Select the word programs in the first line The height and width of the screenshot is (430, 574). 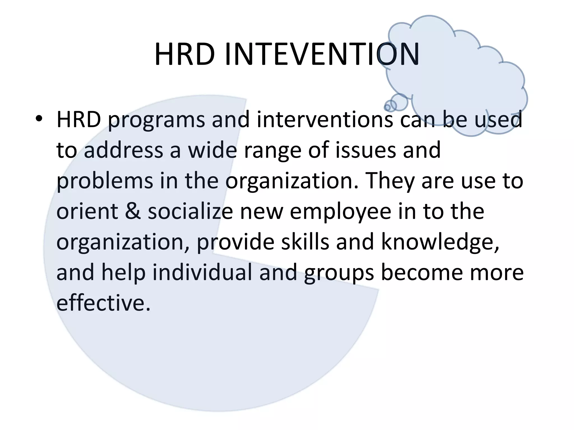coord(156,120)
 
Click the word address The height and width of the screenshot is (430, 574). coord(123,150)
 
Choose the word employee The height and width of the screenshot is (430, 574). coord(340,212)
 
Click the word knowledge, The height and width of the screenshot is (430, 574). coord(440,242)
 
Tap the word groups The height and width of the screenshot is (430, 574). coord(339,273)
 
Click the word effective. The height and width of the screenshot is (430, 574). coord(103,303)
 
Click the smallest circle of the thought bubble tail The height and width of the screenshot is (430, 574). coord(387,107)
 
